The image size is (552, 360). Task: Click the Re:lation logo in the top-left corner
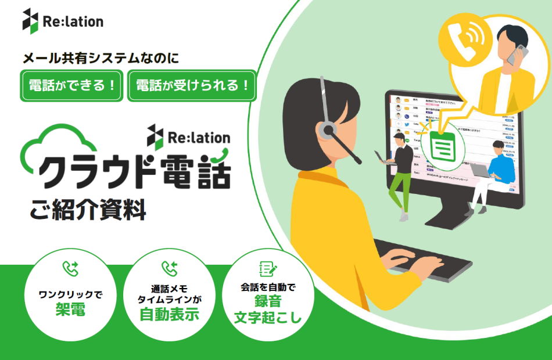tap(62, 21)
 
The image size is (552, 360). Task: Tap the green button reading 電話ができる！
tap(71, 85)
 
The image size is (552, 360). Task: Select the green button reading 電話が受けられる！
tap(192, 85)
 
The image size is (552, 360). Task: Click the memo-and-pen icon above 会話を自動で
tap(267, 268)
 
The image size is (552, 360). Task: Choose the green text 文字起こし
tap(267, 318)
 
